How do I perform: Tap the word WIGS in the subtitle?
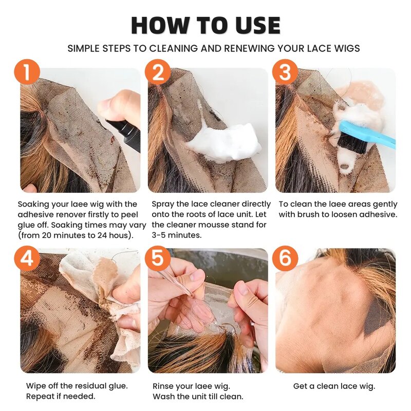click(345, 48)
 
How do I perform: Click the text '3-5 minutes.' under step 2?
click(177, 235)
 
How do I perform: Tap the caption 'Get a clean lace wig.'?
click(334, 386)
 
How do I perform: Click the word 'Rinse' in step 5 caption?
click(163, 386)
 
